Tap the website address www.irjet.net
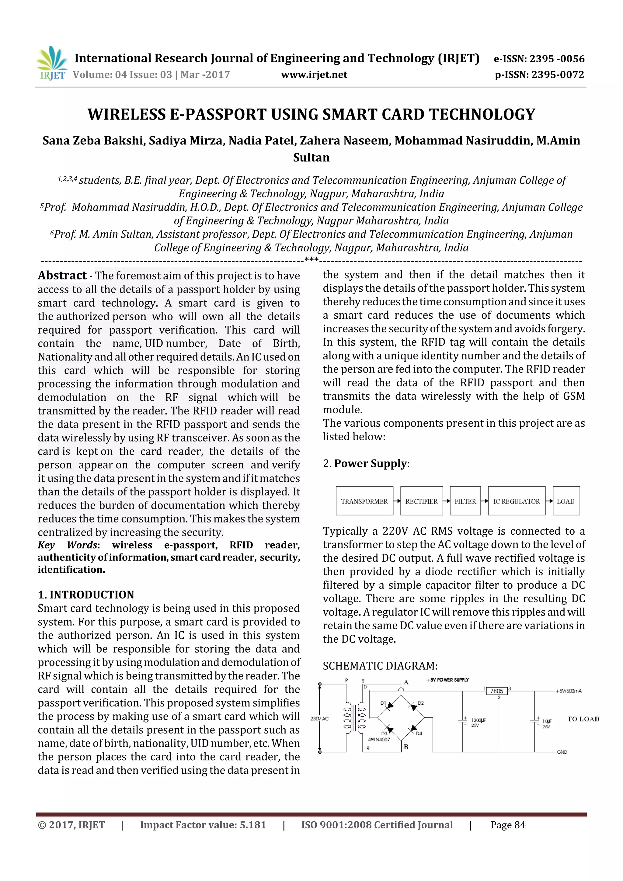[314, 75]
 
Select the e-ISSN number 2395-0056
[557, 59]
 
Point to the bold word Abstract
[62, 276]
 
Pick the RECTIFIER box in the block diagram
[421, 501]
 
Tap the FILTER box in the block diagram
[465, 501]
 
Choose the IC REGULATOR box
[516, 501]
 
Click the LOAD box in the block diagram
[566, 501]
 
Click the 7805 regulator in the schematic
[496, 691]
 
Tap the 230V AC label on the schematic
[319, 719]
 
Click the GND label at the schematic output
[562, 752]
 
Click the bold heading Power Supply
[370, 463]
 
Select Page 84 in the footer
[507, 825]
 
